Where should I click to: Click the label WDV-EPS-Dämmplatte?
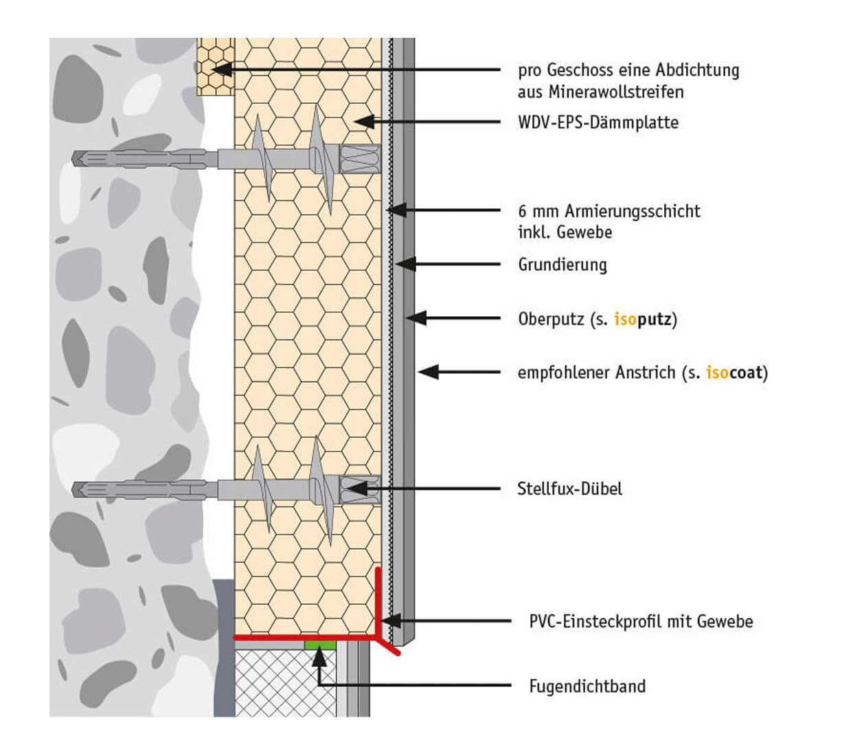pos(598,122)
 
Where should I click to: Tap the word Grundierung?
pos(562,265)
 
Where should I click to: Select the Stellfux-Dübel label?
pos(569,489)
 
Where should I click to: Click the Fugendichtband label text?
pos(587,686)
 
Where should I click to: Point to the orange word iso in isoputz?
pos(625,319)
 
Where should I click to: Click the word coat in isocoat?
pos(746,373)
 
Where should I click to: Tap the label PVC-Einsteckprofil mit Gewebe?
pos(640,621)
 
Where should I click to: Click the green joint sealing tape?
pos(320,645)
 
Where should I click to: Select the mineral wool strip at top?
pos(215,67)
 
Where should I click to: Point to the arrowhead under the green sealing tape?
pos(319,657)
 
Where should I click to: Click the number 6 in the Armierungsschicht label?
pos(523,211)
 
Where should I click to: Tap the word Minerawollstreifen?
pos(615,92)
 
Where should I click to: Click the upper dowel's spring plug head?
pos(359,159)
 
